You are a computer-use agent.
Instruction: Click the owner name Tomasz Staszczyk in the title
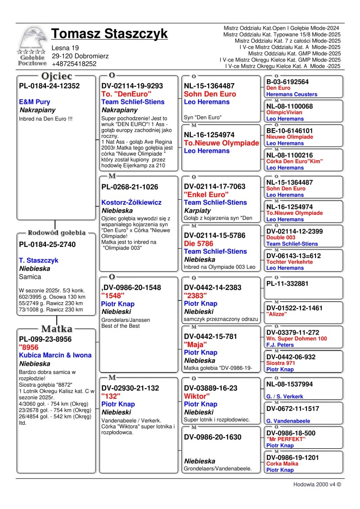pyautogui.click(x=109, y=34)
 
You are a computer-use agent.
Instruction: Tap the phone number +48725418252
pyautogui.click(x=74, y=64)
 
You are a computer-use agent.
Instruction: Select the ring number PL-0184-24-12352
pyautogui.click(x=49, y=86)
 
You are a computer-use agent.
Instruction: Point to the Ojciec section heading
pyautogui.click(x=57, y=76)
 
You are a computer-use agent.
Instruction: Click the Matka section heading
pyautogui.click(x=56, y=329)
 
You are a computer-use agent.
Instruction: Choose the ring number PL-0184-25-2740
pyautogui.click(x=47, y=245)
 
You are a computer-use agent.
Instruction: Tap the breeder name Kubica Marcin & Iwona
pyautogui.click(x=55, y=355)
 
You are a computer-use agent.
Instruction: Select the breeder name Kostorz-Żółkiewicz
pyautogui.click(x=131, y=202)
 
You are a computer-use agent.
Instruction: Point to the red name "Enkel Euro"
pyautogui.click(x=207, y=194)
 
